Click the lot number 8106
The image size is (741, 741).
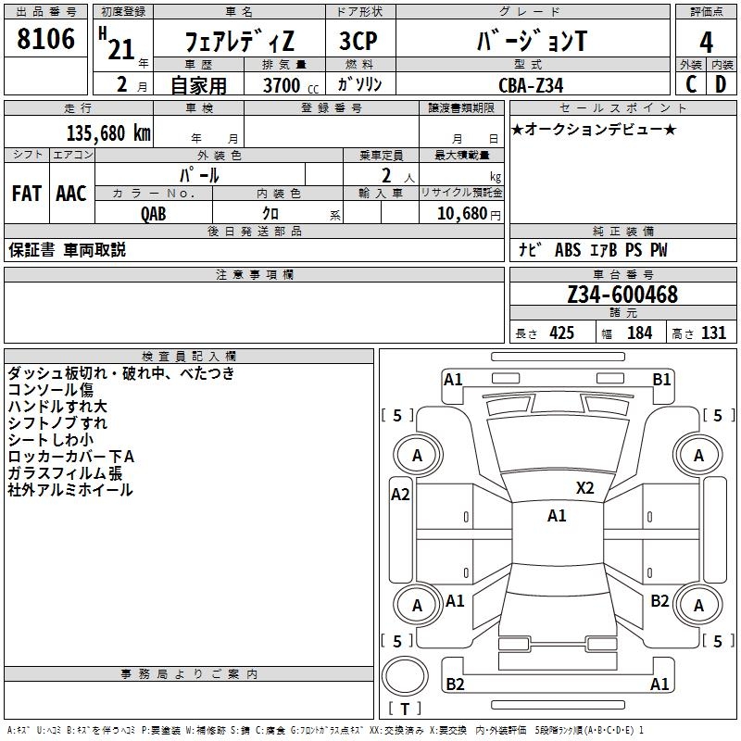[x=45, y=41]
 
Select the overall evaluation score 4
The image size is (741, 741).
[x=706, y=42]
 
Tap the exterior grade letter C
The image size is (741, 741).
[x=690, y=84]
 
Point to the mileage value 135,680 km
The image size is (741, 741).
[x=108, y=132]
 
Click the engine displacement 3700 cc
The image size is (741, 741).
[x=282, y=85]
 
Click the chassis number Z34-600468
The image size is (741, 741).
[x=622, y=295]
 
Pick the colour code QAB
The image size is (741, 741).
[x=154, y=213]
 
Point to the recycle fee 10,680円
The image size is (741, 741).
[x=466, y=213]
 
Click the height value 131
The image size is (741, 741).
[x=713, y=333]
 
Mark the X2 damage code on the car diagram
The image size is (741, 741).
[x=585, y=488]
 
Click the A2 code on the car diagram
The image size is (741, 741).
[x=400, y=495]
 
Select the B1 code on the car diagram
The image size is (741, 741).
[x=661, y=379]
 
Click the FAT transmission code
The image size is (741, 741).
[x=26, y=194]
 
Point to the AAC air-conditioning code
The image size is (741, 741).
[x=70, y=194]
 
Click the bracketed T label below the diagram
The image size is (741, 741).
[x=405, y=709]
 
